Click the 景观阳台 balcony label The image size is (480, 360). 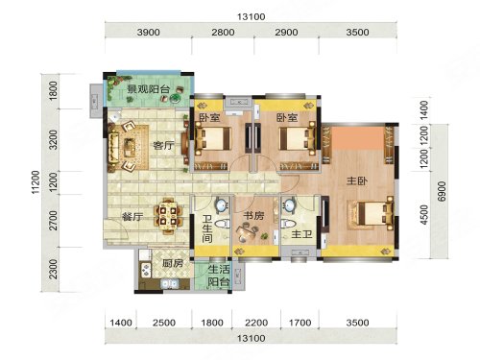tap(148, 89)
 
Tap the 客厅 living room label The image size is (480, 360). tap(163, 146)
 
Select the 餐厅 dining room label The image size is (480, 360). tap(132, 217)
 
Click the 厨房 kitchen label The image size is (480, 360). tap(173, 263)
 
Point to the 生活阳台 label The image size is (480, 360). tap(219, 276)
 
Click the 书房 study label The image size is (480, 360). tap(253, 216)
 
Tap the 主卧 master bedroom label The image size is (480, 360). tap(357, 181)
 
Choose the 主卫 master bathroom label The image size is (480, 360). tap(301, 234)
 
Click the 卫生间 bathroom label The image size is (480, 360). tap(207, 228)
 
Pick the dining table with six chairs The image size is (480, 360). tap(168, 216)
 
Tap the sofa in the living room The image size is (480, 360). tap(113, 147)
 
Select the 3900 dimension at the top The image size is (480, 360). tap(149, 33)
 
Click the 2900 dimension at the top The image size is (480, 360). tap(286, 33)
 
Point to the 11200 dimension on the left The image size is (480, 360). tap(36, 181)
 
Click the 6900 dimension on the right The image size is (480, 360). tap(442, 191)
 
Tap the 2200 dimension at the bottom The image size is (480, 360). tap(256, 323)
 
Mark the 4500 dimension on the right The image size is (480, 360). tap(424, 215)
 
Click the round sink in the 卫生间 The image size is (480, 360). tap(222, 205)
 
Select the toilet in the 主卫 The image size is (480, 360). tap(288, 223)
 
